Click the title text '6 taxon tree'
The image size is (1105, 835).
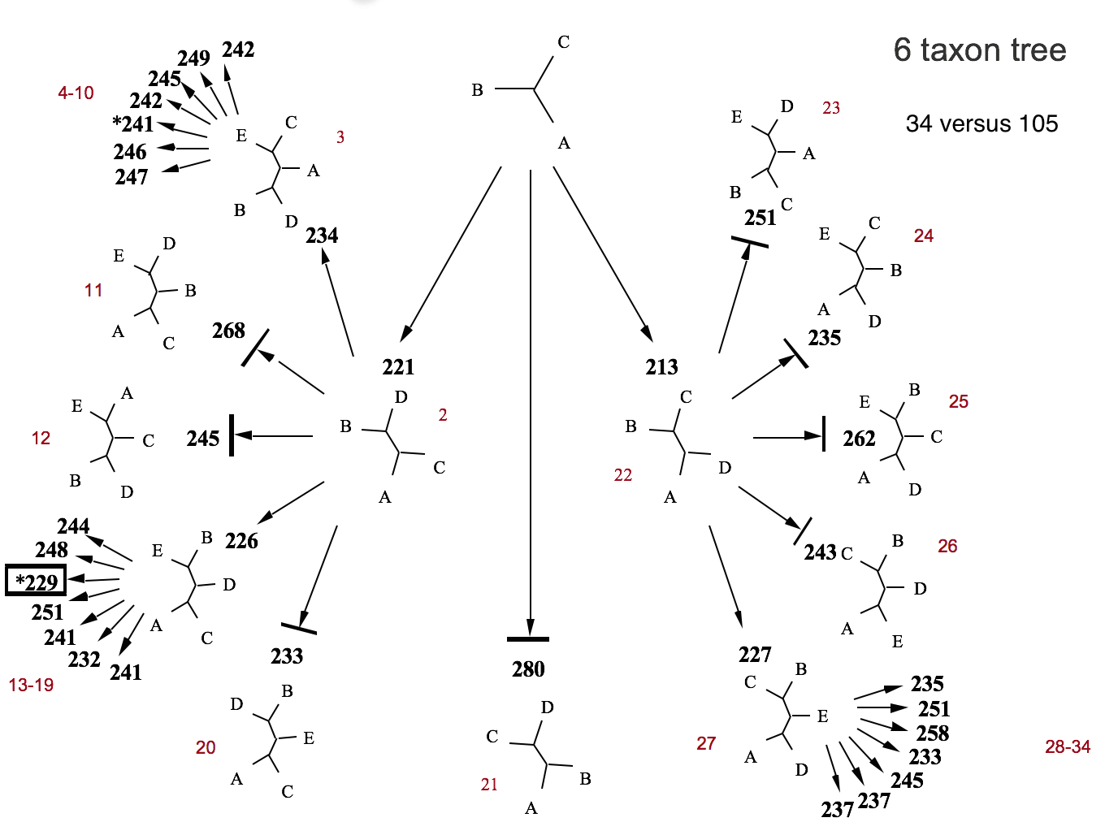pos(979,50)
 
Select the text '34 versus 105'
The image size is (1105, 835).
pos(981,123)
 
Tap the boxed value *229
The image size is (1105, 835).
pos(36,581)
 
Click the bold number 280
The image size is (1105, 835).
pos(528,669)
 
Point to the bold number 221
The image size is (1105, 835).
pos(398,367)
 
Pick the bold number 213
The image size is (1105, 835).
pos(661,367)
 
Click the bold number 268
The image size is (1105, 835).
pos(228,331)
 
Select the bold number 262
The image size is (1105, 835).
pos(859,439)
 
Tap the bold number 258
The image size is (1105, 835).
pos(932,733)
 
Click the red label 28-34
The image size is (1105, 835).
pos(1067,746)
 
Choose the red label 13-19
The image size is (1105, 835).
pos(31,685)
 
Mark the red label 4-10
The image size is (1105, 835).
pos(76,93)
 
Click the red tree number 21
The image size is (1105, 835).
pos(488,785)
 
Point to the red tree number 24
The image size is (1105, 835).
pos(923,236)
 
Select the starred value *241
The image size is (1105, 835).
pos(133,123)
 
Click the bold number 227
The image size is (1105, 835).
pos(755,655)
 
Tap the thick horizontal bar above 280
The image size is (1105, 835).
pos(528,639)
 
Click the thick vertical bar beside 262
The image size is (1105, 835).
pos(824,434)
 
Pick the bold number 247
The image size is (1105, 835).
pos(131,177)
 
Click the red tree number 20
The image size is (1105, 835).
pos(206,747)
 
